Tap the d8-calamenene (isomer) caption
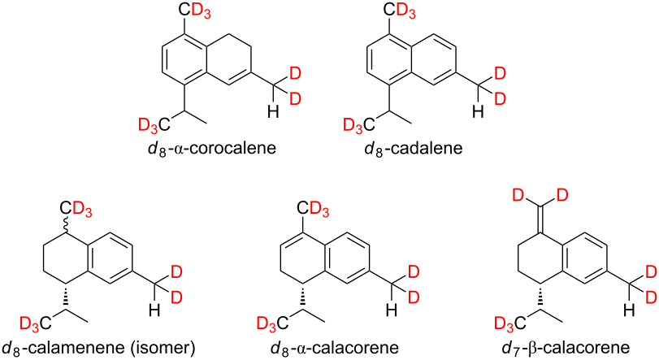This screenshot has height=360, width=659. point(99,349)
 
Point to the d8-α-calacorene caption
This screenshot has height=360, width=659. point(334,349)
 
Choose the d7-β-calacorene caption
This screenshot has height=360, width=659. point(566,349)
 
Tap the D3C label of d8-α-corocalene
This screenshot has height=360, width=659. point(154,125)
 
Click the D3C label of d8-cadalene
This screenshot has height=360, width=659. point(359,125)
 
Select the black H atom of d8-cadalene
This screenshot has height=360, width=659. point(478,112)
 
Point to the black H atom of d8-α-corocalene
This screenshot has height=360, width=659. point(273,112)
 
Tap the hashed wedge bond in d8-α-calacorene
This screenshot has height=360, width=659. point(302,297)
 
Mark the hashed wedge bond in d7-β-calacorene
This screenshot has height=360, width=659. point(540,297)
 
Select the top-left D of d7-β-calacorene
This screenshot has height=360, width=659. point(519,195)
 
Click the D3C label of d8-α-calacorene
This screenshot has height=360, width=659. point(273,323)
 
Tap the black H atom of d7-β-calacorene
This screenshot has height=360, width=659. point(629,310)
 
